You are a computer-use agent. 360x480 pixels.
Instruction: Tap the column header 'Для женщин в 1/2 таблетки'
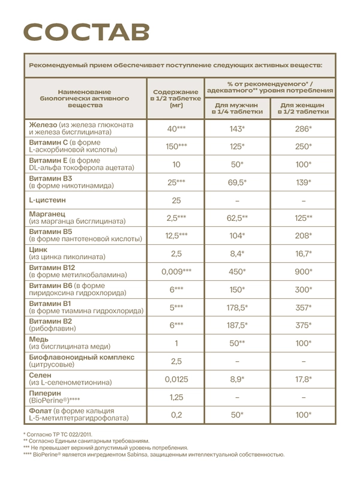pyautogui.click(x=304, y=108)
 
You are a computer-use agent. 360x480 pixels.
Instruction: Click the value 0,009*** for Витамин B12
pyautogui.click(x=176, y=272)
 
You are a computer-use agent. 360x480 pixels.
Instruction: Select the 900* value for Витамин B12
pyautogui.click(x=304, y=272)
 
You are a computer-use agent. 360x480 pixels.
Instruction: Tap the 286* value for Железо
pyautogui.click(x=304, y=129)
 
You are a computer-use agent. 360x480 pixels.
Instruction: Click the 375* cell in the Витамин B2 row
pyautogui.click(x=304, y=325)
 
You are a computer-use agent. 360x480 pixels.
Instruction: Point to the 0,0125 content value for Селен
pyautogui.click(x=176, y=379)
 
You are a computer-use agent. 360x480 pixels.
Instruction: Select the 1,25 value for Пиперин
pyautogui.click(x=176, y=397)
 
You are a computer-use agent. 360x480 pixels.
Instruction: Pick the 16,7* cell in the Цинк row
pyautogui.click(x=304, y=254)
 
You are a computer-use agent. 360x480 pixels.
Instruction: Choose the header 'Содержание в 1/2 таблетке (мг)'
pyautogui.click(x=176, y=98)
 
